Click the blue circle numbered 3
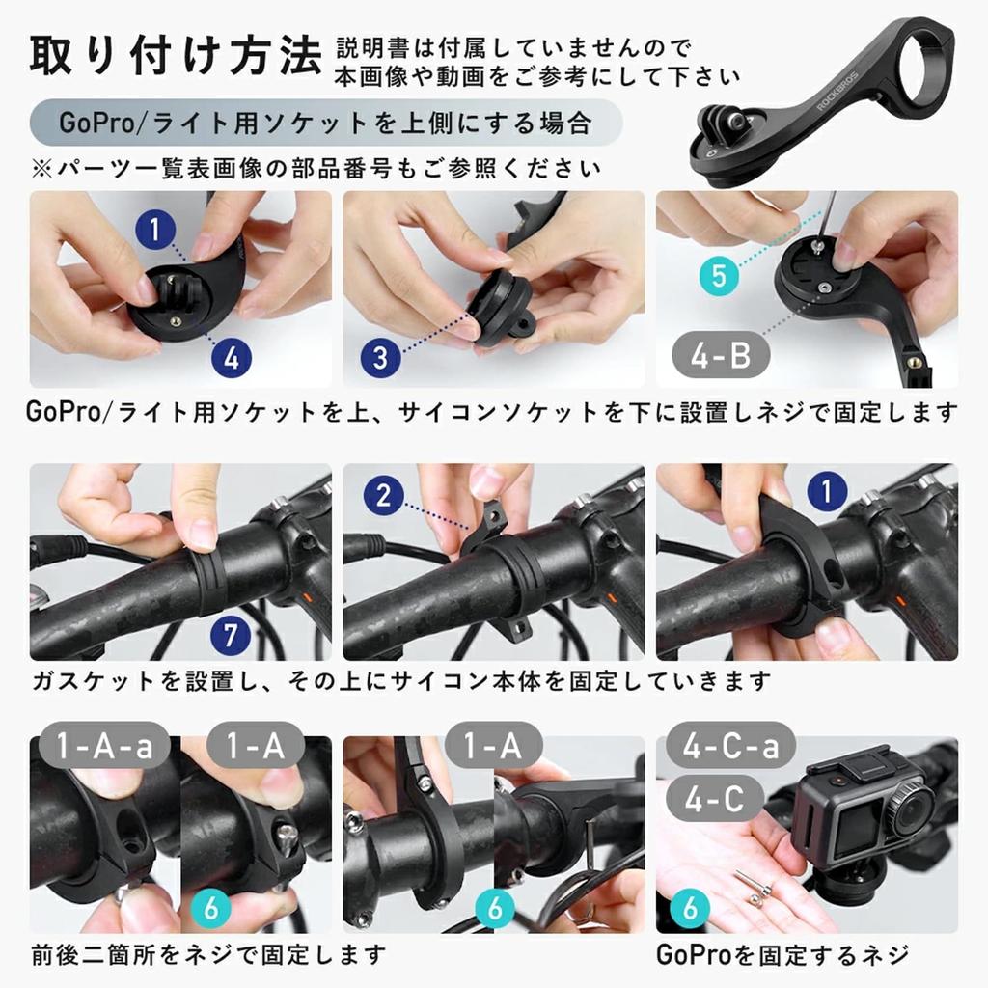pos(380,358)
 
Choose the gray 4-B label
pos(721,356)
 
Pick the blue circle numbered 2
pos(384,497)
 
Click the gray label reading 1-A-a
pos(105,748)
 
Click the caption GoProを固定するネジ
pos(782,955)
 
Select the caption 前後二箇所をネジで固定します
pos(208,955)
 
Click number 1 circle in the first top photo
pos(156,231)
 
